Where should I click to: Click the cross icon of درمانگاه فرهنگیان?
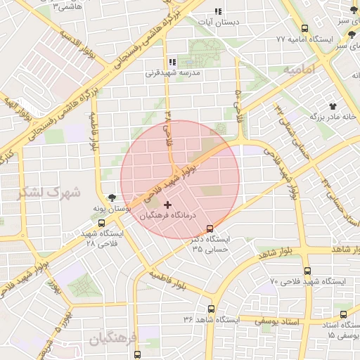pos(166,205)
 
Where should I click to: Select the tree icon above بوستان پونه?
pos(111,198)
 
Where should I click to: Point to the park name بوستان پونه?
pos(109,210)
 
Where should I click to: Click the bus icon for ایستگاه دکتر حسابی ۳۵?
pos(210,229)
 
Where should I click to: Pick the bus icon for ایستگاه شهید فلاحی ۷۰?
pos(307,271)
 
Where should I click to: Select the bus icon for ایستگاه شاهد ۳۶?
pos(211,309)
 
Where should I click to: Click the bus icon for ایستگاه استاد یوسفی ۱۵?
pos(343,314)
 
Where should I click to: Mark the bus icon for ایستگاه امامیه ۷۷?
pos(304,29)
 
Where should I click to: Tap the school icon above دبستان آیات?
pos(217,11)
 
